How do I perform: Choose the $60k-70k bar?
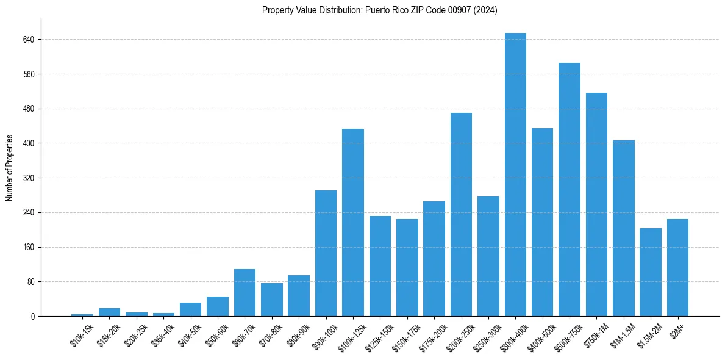coord(245,292)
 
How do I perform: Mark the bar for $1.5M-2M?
coord(651,272)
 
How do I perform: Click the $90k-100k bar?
coord(326,253)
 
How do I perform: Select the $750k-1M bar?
coord(596,204)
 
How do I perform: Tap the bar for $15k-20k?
coord(109,312)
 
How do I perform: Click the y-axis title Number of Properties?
coord(9,167)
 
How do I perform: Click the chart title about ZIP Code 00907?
coord(380,10)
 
